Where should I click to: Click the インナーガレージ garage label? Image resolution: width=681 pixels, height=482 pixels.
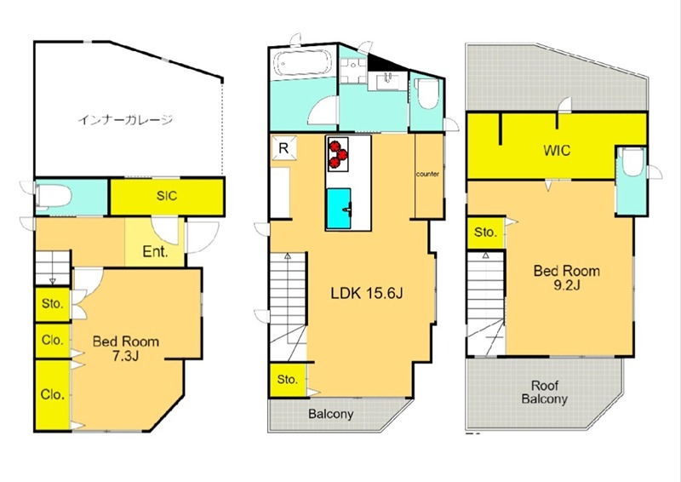pyautogui.click(x=125, y=119)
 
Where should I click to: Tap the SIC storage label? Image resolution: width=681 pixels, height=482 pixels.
pyautogui.click(x=167, y=196)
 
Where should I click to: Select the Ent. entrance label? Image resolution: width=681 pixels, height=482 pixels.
pyautogui.click(x=155, y=252)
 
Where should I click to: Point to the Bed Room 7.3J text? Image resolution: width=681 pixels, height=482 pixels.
pyautogui.click(x=125, y=348)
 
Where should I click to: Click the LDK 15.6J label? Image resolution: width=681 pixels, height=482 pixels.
pyautogui.click(x=367, y=293)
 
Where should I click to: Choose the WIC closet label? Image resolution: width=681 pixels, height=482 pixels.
pyautogui.click(x=557, y=151)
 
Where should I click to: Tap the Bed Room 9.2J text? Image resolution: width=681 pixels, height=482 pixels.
pyautogui.click(x=567, y=278)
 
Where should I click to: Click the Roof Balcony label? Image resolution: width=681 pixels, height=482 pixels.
pyautogui.click(x=545, y=392)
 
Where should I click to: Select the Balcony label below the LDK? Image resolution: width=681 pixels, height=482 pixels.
pyautogui.click(x=331, y=414)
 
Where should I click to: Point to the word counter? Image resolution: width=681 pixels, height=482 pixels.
pyautogui.click(x=427, y=174)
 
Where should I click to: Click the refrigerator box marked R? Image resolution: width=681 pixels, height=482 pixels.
pyautogui.click(x=283, y=148)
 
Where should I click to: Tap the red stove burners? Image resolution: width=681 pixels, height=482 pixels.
pyautogui.click(x=338, y=154)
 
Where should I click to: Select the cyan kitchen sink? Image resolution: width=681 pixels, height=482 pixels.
pyautogui.click(x=339, y=208)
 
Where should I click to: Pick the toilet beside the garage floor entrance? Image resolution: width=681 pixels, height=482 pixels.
pyautogui.click(x=54, y=197)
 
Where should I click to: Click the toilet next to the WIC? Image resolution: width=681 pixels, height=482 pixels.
pyautogui.click(x=632, y=162)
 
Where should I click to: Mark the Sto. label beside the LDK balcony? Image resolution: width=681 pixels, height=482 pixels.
pyautogui.click(x=287, y=380)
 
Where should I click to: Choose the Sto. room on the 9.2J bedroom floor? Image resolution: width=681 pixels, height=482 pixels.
pyautogui.click(x=485, y=232)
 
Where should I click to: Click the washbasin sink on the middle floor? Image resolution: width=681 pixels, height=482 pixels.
pyautogui.click(x=388, y=81)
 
